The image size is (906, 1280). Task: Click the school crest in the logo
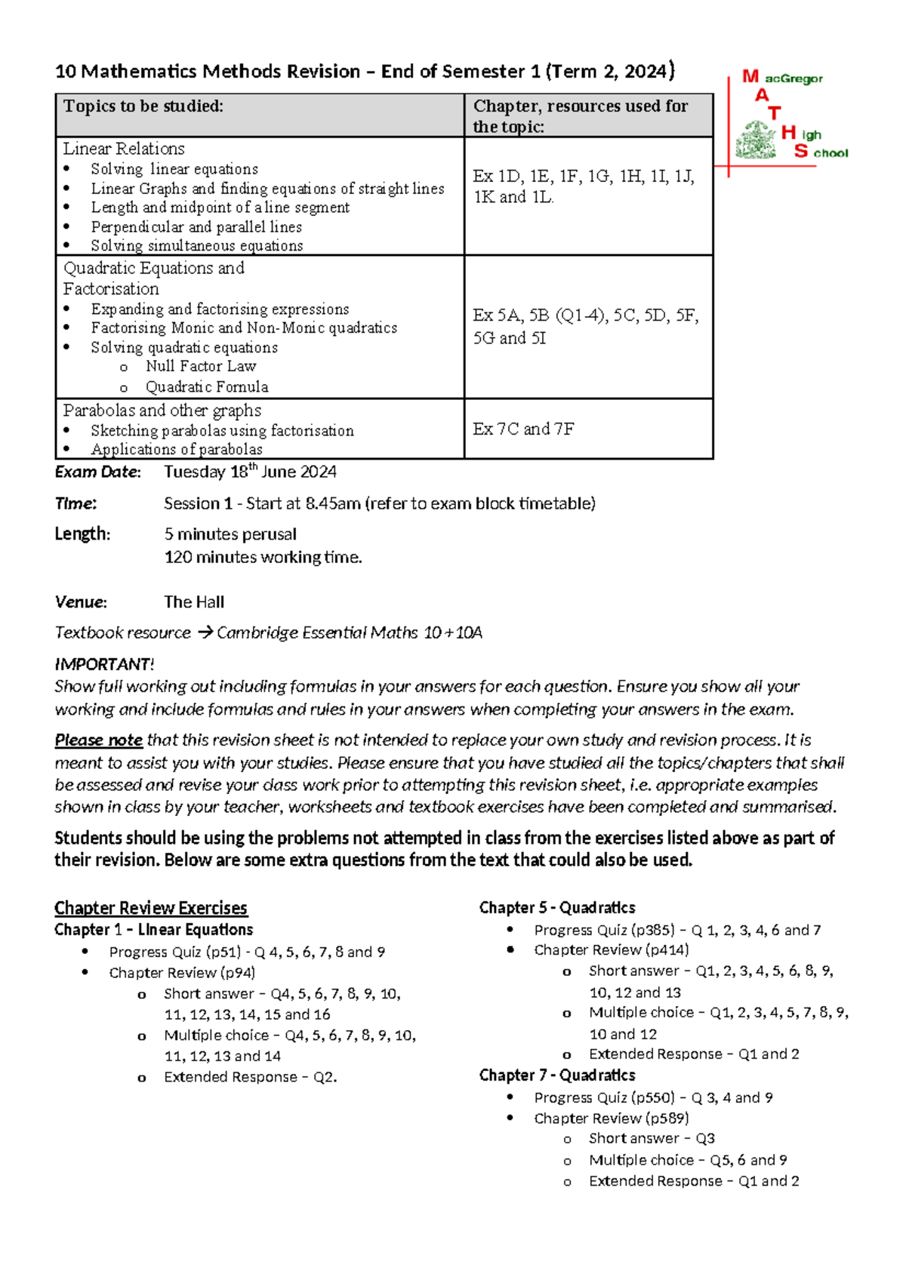(756, 140)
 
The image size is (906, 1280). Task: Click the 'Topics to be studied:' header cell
(143, 106)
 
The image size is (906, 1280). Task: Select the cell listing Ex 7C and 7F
(523, 429)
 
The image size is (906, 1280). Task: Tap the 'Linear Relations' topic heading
(124, 149)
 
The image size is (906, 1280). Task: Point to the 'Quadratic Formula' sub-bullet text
(207, 386)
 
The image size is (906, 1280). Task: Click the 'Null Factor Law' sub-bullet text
(201, 366)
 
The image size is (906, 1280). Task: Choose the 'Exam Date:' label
(97, 472)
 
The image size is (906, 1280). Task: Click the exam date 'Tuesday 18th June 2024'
(250, 472)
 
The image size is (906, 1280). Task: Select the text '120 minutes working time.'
(263, 557)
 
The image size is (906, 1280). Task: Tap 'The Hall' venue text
(194, 602)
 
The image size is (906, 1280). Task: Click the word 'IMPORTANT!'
(104, 664)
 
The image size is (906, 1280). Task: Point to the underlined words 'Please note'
(98, 740)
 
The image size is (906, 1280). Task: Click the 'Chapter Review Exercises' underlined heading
(151, 908)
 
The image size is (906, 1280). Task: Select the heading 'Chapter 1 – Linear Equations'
(153, 930)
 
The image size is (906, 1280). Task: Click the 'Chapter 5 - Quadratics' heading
(557, 908)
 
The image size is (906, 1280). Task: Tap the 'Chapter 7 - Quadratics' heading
(557, 1075)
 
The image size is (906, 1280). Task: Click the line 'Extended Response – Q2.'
(250, 1077)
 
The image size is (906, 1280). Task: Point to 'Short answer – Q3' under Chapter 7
(652, 1138)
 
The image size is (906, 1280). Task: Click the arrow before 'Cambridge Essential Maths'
(205, 632)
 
